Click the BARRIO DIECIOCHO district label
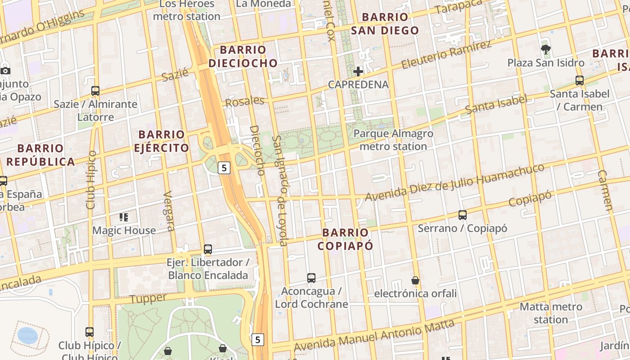(243, 56)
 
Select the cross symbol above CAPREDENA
(358, 72)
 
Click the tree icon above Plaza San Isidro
(546, 49)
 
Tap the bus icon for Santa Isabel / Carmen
(580, 81)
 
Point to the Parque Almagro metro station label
(393, 140)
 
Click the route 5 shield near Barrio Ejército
(224, 168)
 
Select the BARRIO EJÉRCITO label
(162, 141)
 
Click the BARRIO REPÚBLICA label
(40, 155)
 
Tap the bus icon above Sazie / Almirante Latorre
(95, 90)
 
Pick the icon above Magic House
(124, 218)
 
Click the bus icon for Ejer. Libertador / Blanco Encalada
(208, 249)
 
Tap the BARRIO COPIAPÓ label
(346, 239)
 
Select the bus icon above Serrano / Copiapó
(463, 215)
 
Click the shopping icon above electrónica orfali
(415, 280)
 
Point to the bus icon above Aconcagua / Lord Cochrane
(311, 278)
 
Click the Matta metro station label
(551, 313)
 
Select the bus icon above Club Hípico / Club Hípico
(90, 332)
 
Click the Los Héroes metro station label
(187, 10)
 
